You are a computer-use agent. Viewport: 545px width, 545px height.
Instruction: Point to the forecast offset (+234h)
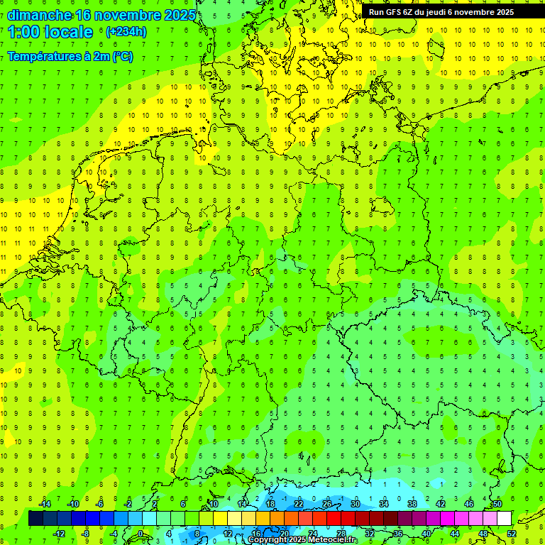coord(126,32)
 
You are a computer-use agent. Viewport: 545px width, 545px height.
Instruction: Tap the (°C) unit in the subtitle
coord(121,56)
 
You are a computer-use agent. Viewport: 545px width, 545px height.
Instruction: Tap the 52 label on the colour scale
coord(512,533)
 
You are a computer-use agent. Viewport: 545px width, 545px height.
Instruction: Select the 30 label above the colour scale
coord(355,504)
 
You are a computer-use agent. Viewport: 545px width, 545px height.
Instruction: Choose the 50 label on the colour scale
coord(497,504)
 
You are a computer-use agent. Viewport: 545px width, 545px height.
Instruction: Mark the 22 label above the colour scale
coord(298,504)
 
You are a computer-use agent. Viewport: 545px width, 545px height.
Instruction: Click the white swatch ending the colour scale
coord(504,518)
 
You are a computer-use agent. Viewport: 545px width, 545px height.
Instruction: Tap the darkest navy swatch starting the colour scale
coord(35,518)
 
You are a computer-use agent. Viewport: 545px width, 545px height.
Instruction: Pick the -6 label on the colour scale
coord(100,504)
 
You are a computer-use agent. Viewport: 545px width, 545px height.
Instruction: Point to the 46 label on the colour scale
coord(468,504)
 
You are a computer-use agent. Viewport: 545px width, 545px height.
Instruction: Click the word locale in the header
coord(68,32)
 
